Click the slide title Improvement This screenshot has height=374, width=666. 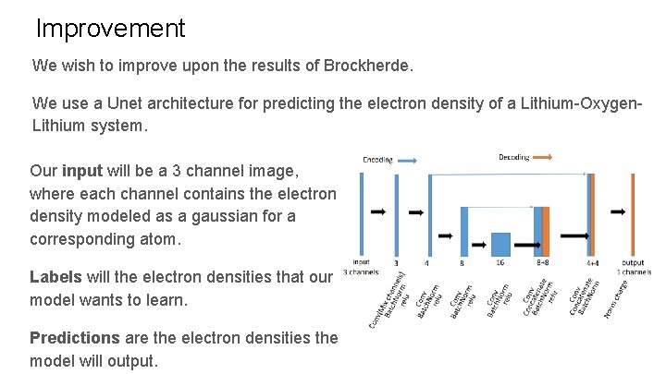point(110,29)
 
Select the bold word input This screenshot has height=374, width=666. point(82,172)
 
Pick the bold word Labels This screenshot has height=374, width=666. point(55,277)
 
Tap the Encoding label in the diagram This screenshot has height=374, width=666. point(377,159)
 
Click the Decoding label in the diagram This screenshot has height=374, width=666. point(514,158)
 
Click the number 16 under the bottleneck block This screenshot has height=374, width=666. point(499,263)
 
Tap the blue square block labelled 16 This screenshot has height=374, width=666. point(500,243)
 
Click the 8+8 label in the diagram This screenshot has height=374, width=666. point(541,263)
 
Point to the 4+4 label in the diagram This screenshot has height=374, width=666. point(592,263)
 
